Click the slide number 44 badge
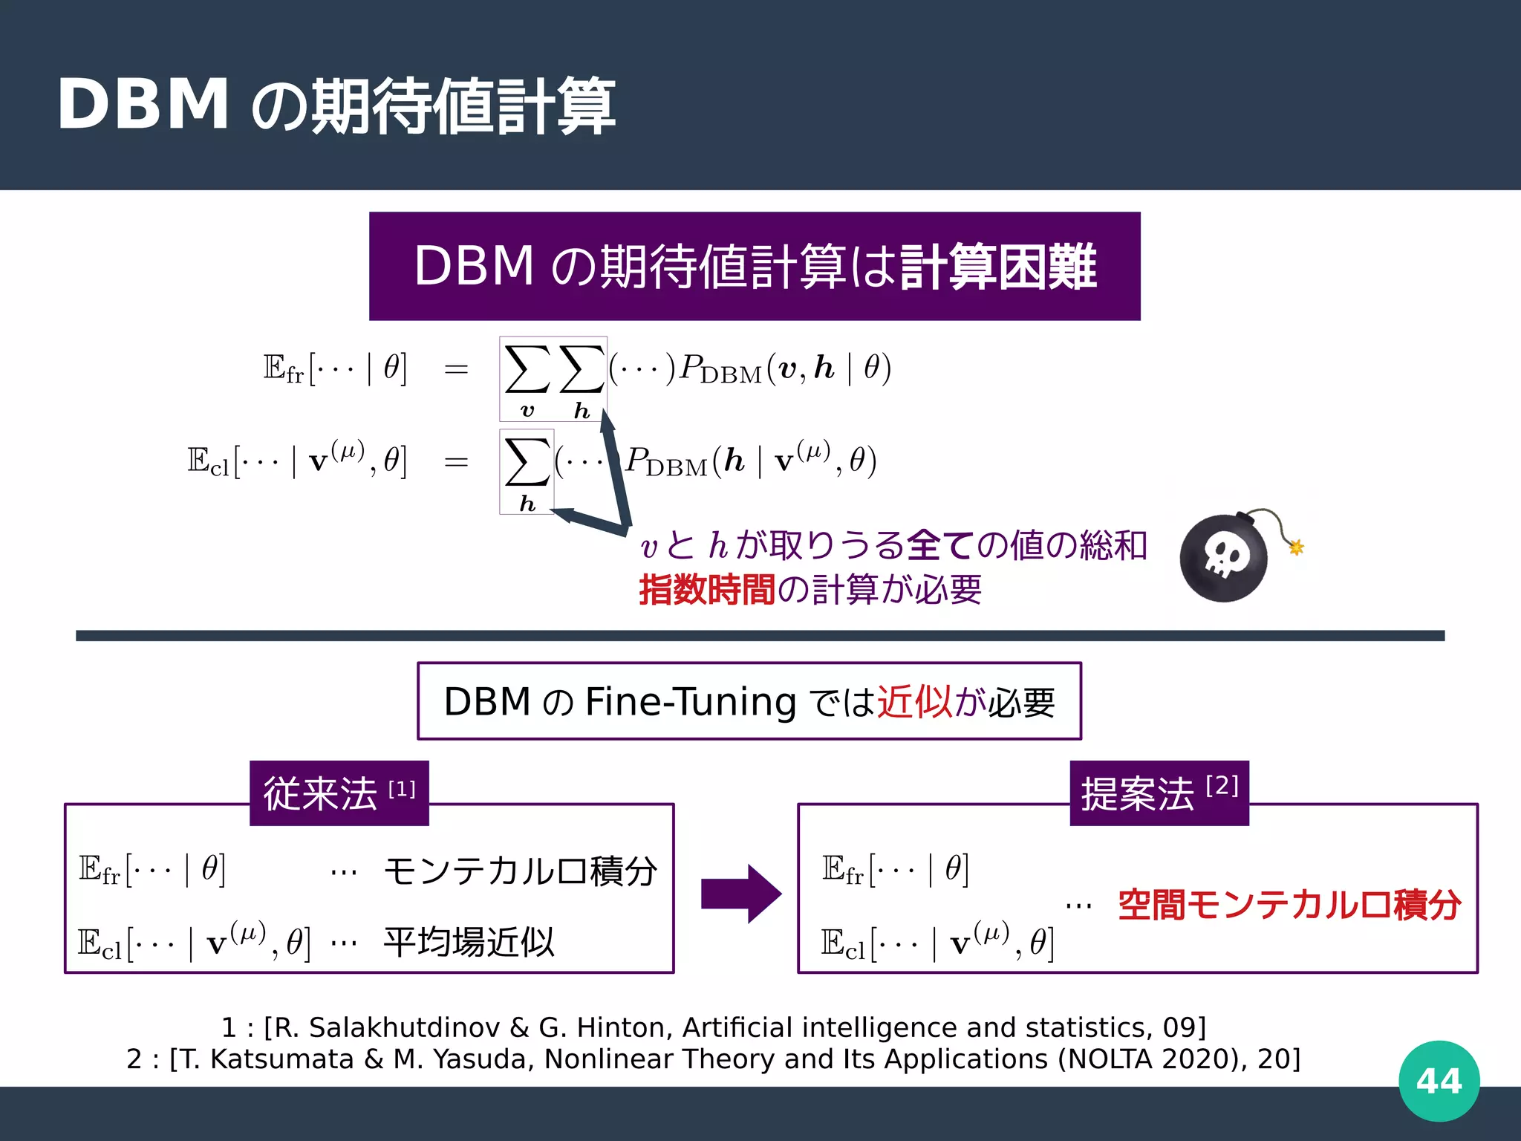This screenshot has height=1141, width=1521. pos(1439,1081)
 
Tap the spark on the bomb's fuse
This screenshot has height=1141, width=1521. pos(1297,547)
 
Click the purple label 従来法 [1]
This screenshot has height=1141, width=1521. pos(339,793)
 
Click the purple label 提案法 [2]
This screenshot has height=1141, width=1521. pos(1159,793)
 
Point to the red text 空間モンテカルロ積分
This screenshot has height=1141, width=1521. pos(1289,905)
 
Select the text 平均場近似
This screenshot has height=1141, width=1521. pos(469,942)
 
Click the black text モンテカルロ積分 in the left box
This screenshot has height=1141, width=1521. pos(520,871)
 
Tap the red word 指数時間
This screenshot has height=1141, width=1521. pos(707,590)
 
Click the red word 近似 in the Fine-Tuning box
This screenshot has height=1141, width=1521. pos(915,701)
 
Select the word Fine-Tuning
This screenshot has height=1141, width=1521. pos(691,701)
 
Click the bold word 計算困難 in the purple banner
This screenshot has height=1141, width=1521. pos(998,266)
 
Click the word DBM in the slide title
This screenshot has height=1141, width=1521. pos(143,105)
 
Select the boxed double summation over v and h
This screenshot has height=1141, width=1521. pos(553,379)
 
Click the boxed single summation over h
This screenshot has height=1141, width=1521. pos(527,472)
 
